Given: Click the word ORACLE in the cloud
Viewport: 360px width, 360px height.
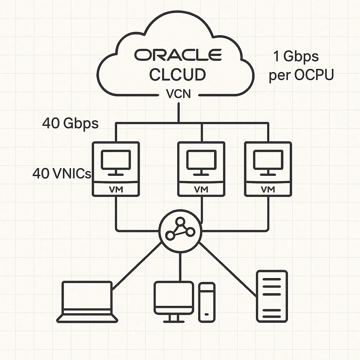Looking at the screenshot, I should tap(178, 55).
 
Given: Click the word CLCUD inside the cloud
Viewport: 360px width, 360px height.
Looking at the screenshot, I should tap(178, 75).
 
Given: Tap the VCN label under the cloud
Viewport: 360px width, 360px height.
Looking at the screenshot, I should tap(179, 94).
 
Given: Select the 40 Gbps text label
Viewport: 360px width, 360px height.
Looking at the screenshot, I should tap(70, 123).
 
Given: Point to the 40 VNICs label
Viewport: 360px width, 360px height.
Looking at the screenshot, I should tap(62, 173).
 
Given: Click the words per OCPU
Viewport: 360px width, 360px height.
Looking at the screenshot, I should tap(301, 76).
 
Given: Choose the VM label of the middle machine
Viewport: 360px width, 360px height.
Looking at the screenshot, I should tap(201, 189).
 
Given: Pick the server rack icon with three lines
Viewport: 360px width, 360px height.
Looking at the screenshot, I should tap(272, 296).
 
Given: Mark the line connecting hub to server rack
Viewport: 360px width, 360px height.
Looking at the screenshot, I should tap(227, 269).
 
